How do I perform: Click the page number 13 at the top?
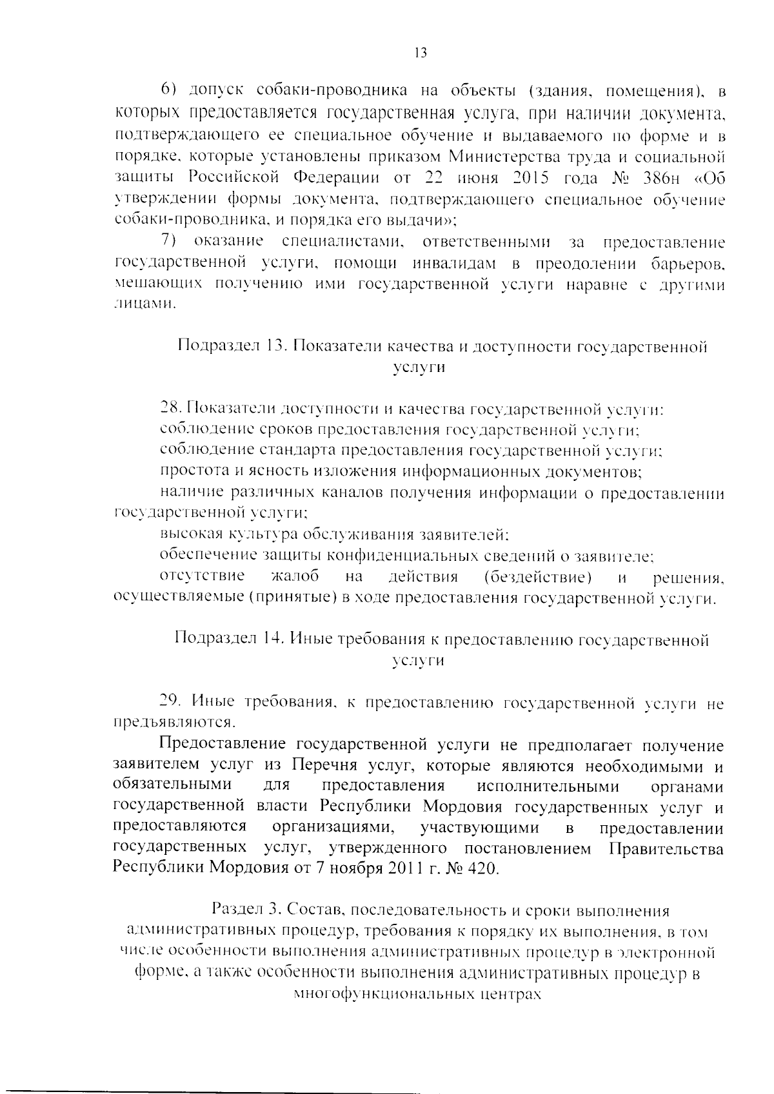419,54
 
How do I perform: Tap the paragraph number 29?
170,703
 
